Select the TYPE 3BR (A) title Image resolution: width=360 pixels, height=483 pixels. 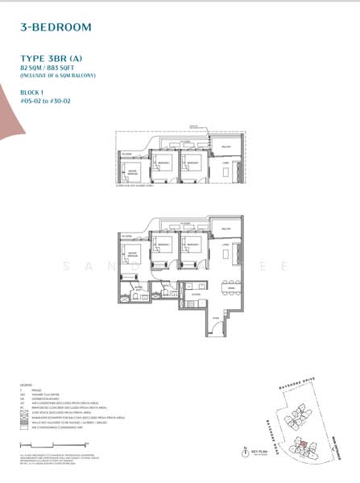[49, 58]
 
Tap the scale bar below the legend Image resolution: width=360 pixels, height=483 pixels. [40, 445]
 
